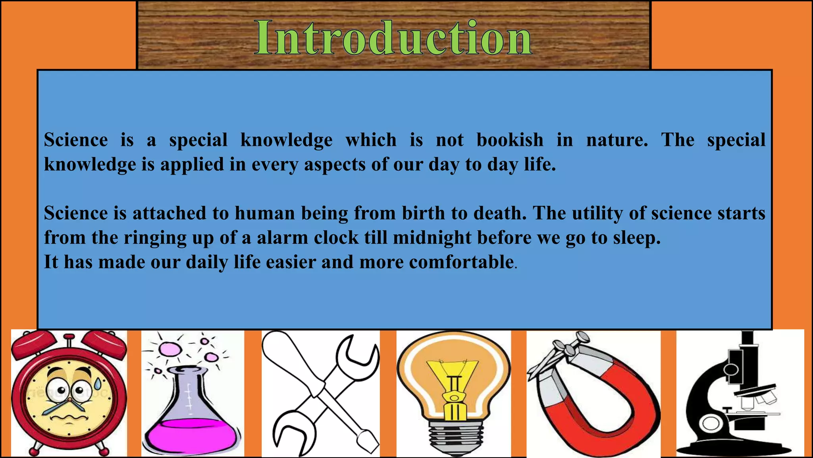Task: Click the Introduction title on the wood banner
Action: [393, 38]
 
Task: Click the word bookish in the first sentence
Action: [510, 140]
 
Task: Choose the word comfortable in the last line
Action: [461, 262]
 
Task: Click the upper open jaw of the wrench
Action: [357, 352]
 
